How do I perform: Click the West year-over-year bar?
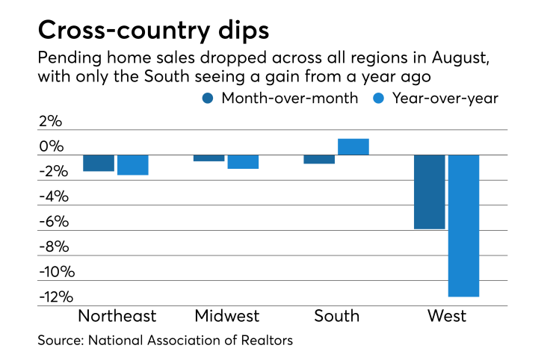[x=463, y=226]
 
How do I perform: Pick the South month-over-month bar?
[x=318, y=159]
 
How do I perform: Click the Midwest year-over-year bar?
[x=243, y=161]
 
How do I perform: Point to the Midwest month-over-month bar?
[x=208, y=158]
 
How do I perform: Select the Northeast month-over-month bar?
[x=99, y=163]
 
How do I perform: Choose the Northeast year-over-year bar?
[x=133, y=165]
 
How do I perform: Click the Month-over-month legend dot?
[x=208, y=97]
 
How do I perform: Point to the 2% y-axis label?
[x=52, y=121]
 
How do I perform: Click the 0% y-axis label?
[x=52, y=146]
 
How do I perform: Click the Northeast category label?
[x=117, y=316]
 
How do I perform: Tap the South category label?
[x=336, y=316]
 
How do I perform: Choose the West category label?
[x=446, y=316]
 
